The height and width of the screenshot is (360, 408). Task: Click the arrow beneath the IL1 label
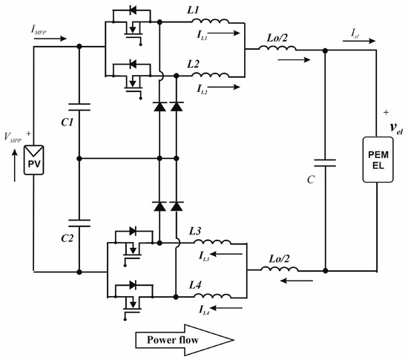point(227,33)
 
